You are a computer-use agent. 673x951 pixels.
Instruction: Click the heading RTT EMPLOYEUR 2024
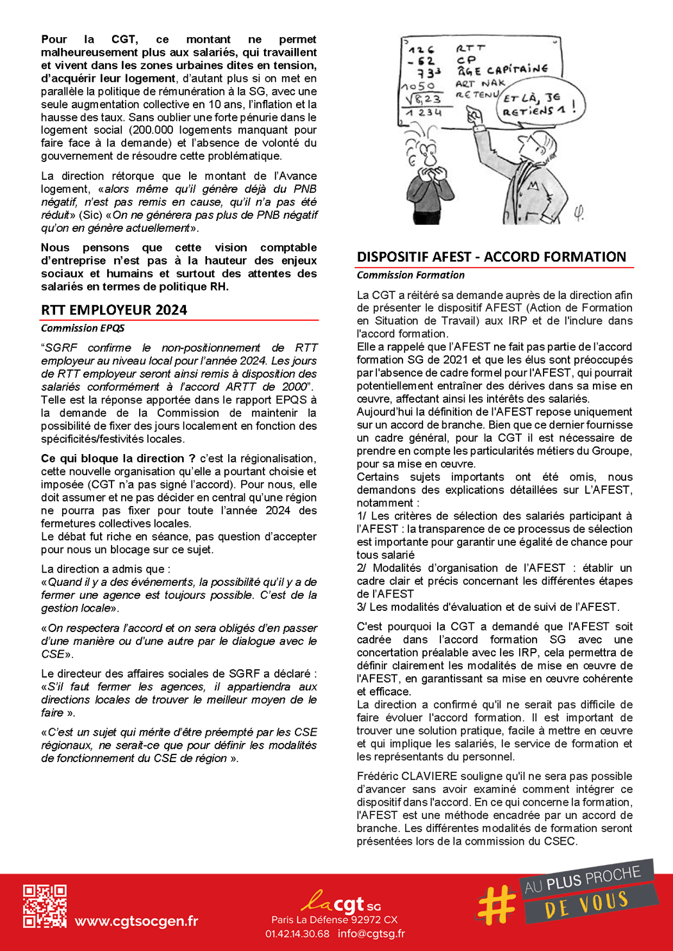click(114, 310)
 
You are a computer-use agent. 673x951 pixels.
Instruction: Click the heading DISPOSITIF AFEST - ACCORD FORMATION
click(491, 257)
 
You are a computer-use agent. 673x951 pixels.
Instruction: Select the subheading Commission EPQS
click(83, 328)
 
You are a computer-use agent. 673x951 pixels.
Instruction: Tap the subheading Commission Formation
click(410, 275)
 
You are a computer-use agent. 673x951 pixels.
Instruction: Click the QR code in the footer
click(45, 906)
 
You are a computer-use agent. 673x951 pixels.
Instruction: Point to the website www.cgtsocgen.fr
click(136, 921)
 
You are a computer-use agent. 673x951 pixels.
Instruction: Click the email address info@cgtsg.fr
click(371, 934)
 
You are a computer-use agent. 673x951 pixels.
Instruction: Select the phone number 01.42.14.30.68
click(297, 934)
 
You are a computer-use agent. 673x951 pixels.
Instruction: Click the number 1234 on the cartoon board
click(424, 113)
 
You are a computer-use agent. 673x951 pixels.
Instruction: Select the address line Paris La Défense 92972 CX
click(334, 920)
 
